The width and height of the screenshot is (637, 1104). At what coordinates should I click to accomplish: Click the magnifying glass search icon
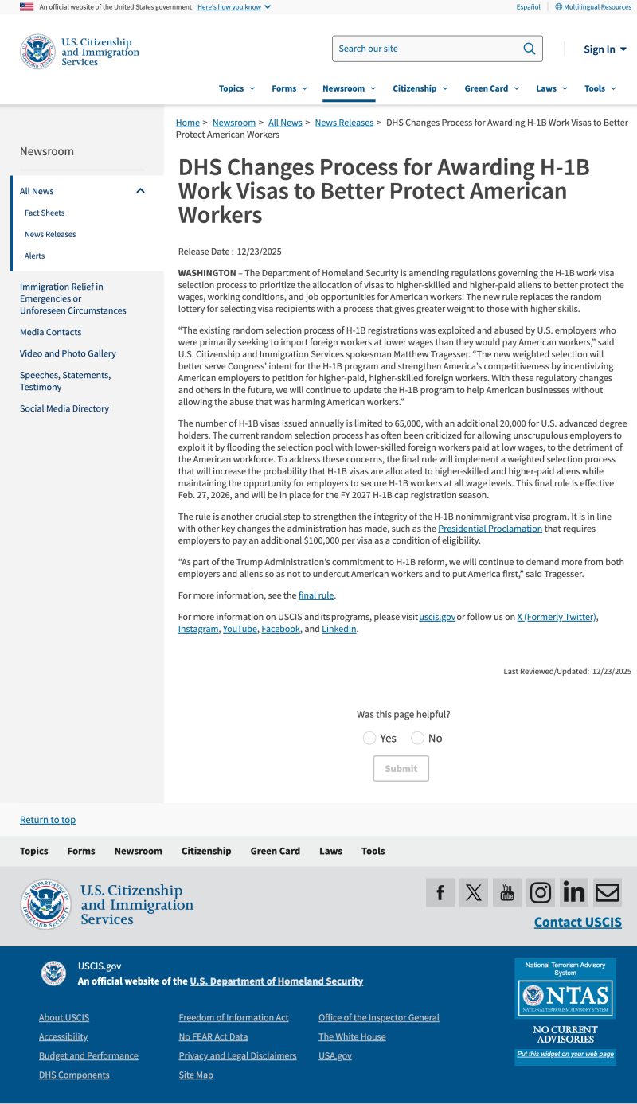[530, 49]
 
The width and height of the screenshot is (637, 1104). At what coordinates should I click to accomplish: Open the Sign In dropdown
[604, 49]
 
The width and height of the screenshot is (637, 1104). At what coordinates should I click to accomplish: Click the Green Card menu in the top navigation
[491, 88]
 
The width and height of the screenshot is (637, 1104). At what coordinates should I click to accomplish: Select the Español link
[528, 7]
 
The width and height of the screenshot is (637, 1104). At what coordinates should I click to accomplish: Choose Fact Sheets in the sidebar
[45, 213]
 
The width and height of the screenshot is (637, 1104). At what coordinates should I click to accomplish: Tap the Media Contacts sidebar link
[50, 332]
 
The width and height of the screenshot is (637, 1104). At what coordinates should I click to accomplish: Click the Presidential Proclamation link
[490, 529]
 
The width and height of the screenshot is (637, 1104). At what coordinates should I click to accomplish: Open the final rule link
[316, 595]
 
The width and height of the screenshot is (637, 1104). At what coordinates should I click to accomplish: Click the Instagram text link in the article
[198, 629]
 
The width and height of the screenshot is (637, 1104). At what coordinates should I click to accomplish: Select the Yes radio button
[369, 738]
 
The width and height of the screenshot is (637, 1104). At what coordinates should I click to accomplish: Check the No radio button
[417, 738]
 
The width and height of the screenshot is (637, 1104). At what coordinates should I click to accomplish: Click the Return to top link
[48, 820]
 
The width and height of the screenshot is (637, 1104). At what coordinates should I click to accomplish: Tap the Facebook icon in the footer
[440, 892]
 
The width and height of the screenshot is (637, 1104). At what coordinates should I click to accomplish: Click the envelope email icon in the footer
[608, 892]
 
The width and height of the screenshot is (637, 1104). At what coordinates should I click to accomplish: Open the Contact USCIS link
[577, 923]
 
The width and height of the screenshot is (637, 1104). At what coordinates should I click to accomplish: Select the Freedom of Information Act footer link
[233, 1017]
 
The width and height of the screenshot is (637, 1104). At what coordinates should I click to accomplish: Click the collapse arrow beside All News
[141, 191]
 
